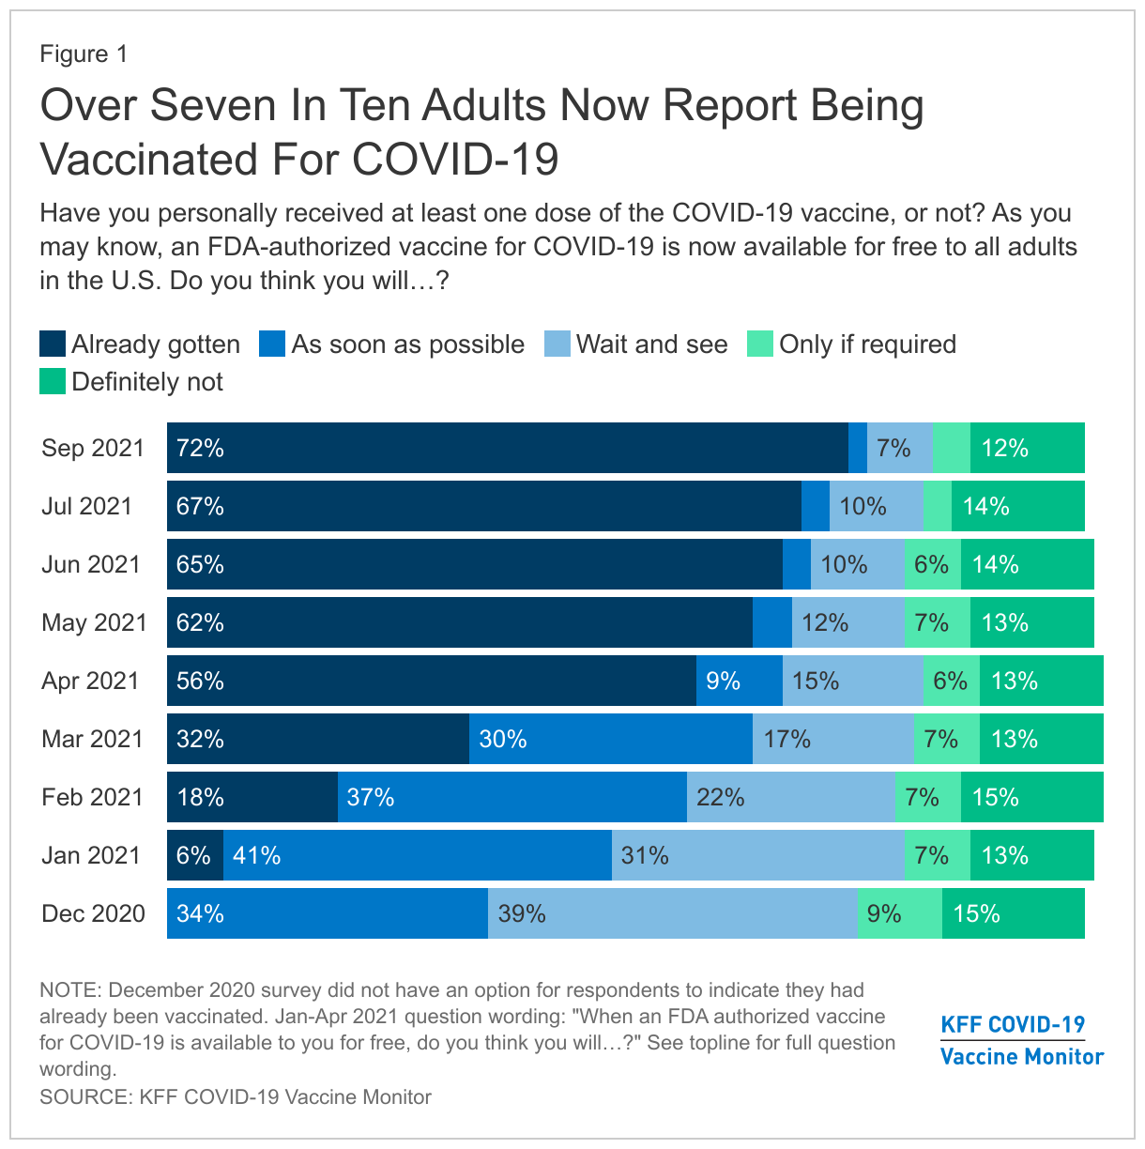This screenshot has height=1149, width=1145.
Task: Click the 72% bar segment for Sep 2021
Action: pyautogui.click(x=507, y=448)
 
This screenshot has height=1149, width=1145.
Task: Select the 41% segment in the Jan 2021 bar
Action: pyautogui.click(x=418, y=855)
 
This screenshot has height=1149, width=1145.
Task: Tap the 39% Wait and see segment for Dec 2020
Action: pyautogui.click(x=673, y=913)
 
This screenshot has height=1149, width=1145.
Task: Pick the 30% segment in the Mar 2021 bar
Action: pyautogui.click(x=610, y=739)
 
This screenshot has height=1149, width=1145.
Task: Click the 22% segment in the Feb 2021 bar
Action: pyautogui.click(x=790, y=797)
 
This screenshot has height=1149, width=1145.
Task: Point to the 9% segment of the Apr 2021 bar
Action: pyautogui.click(x=740, y=681)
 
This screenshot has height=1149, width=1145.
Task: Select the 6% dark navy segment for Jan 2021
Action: pyautogui.click(x=195, y=855)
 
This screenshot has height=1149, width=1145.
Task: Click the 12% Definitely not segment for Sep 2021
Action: pyautogui.click(x=1027, y=448)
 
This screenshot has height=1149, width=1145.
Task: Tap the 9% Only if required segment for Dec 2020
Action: pyautogui.click(x=899, y=913)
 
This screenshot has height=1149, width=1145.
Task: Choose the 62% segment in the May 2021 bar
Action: pyautogui.click(x=460, y=622)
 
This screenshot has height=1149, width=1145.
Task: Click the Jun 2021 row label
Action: pyautogui.click(x=91, y=564)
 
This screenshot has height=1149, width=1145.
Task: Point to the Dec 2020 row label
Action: pyautogui.click(x=93, y=913)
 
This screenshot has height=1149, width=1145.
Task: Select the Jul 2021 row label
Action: pyautogui.click(x=87, y=506)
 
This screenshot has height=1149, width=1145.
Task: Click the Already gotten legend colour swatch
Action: pyautogui.click(x=53, y=344)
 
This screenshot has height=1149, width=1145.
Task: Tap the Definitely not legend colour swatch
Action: pyautogui.click(x=53, y=381)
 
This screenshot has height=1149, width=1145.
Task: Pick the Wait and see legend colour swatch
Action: pyautogui.click(x=557, y=344)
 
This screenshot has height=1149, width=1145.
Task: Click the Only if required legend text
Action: pyautogui.click(x=867, y=345)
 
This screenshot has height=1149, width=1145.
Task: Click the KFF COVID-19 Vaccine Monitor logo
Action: pyautogui.click(x=1021, y=1040)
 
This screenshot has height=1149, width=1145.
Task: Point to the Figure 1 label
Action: pyautogui.click(x=84, y=54)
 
